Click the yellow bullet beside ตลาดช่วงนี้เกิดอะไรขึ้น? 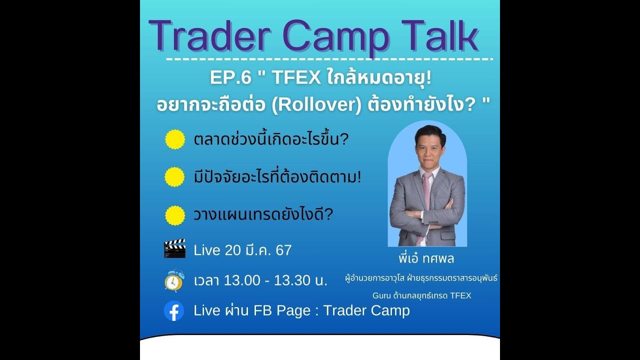pos(175,139)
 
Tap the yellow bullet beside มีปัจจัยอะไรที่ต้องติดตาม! pos(175,177)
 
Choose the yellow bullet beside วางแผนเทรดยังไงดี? pos(175,215)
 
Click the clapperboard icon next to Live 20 pos(174,248)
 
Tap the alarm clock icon pos(174,280)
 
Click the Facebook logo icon pos(174,311)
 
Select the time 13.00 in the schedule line pos(242,281)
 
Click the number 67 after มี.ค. pos(283,250)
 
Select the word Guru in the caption pos(382,295)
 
